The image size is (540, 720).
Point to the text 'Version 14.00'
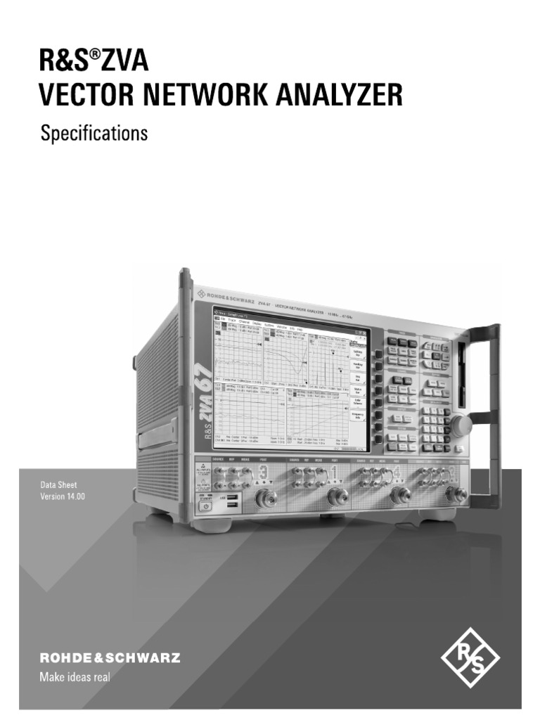64,497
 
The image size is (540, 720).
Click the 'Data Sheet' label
59,485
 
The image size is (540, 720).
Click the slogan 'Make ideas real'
74,678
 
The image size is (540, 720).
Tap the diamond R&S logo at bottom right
470,659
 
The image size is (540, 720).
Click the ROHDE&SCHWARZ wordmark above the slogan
110,659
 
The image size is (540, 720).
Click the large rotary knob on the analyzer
461,426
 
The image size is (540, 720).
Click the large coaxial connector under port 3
266,499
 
